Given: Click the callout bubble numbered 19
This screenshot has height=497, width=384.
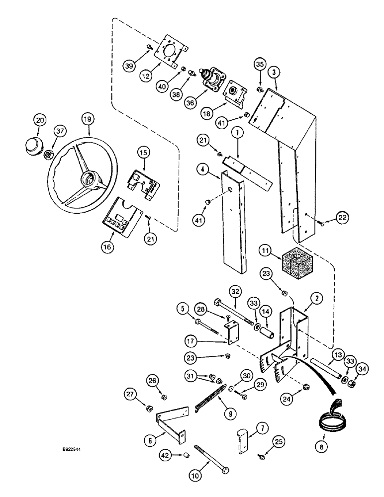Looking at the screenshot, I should (x=88, y=119).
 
